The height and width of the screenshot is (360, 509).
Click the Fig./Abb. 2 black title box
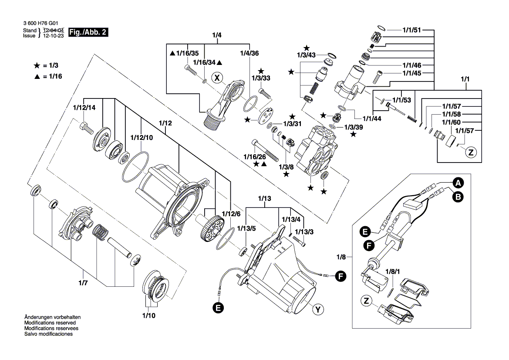(x=88, y=33)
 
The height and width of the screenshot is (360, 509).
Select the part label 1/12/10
(x=142, y=137)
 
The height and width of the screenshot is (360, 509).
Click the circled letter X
(x=216, y=78)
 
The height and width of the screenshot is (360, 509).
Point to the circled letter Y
(x=318, y=310)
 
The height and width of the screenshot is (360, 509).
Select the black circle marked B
(x=458, y=197)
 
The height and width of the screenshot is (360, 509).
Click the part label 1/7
(x=83, y=283)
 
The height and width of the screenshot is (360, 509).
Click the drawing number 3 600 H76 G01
(x=40, y=24)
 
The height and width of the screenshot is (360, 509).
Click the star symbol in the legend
(x=37, y=65)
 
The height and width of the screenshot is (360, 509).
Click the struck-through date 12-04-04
(x=54, y=31)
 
